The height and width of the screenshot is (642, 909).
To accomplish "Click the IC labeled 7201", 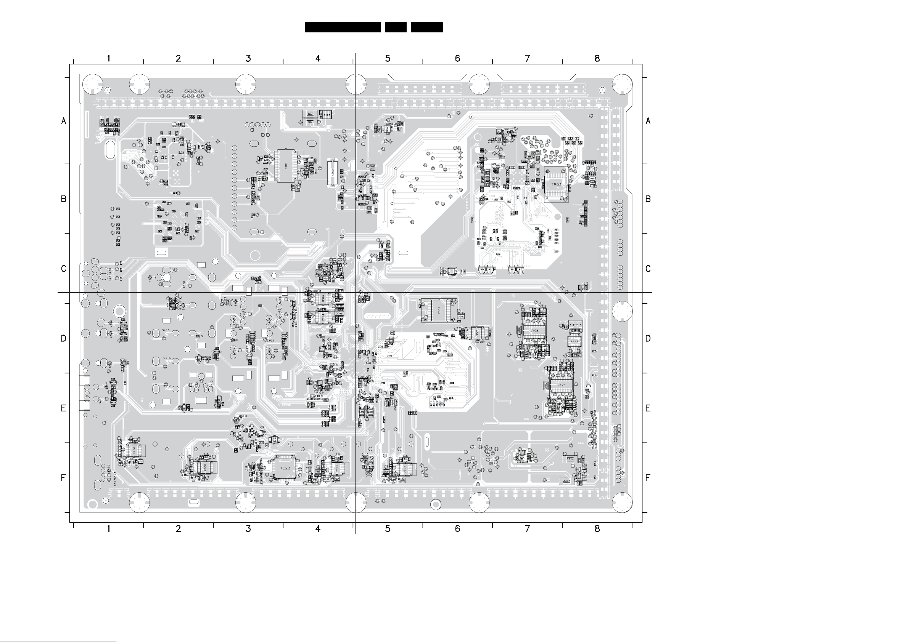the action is pos(285,165).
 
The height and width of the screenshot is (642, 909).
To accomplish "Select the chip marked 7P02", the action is pos(556,185).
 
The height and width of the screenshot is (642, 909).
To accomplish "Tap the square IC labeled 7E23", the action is pos(285,468).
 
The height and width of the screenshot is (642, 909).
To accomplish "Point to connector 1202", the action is pos(332,173).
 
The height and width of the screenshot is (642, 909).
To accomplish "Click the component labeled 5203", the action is pos(327,115).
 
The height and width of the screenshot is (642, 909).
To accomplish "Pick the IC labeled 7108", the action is pos(534,330).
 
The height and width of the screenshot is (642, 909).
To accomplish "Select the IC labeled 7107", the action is pos(561,384).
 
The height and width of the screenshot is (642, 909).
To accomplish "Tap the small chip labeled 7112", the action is pos(574,341).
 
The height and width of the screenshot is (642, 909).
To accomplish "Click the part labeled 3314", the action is pos(570,459).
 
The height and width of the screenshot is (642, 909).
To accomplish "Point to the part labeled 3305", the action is pos(566,480).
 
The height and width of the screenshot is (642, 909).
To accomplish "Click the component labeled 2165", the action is pos(577,355).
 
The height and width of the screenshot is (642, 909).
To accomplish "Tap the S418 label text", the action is pos(166,330).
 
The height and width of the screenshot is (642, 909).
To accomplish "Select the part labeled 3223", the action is pos(311,114).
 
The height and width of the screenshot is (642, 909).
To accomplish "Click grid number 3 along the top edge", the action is pos(248,59).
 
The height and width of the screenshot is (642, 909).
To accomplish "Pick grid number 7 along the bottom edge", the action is pos(527,528).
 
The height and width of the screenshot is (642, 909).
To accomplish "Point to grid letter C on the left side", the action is pos(64,269).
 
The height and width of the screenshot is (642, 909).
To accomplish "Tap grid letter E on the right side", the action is pos(648,408).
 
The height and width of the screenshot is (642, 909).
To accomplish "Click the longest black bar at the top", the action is pos(343,27).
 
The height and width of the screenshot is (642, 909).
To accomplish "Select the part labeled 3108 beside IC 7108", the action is pos(519,329).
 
